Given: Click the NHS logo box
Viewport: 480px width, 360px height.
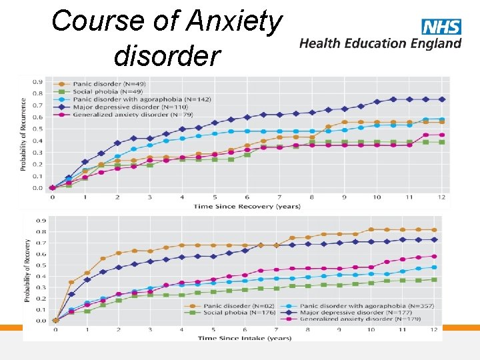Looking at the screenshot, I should coord(441,27).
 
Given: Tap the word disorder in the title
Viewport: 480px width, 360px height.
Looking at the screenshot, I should coord(167,56).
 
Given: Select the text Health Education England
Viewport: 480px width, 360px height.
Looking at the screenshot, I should coord(380,43).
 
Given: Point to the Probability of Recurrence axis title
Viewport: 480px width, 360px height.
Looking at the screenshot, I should coord(24,134).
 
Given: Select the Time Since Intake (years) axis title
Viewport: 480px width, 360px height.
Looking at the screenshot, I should coord(245,338).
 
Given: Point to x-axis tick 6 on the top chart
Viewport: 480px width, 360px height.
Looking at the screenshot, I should coord(247,197).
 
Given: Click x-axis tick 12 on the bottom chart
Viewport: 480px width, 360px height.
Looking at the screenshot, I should coord(435,330).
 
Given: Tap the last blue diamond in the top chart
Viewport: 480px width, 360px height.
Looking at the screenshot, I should coord(442,99).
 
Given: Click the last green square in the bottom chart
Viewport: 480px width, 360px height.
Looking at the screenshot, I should coord(435,279).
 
